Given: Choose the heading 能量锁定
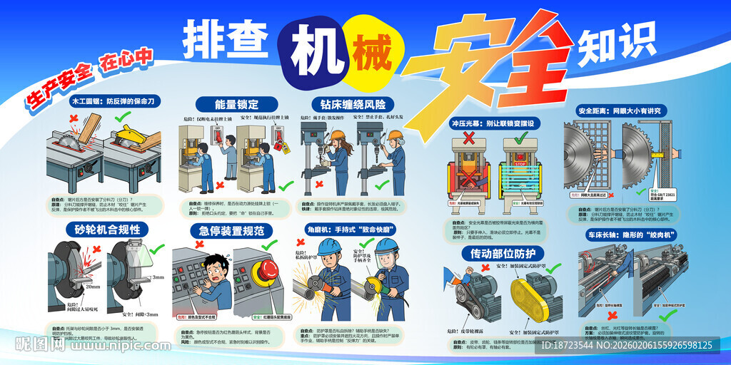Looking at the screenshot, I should pos(227,104).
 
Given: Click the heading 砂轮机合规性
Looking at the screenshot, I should pos(107,230).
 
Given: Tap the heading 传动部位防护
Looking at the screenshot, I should pos(503,253).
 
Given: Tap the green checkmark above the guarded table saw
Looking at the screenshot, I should pos(122,115).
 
